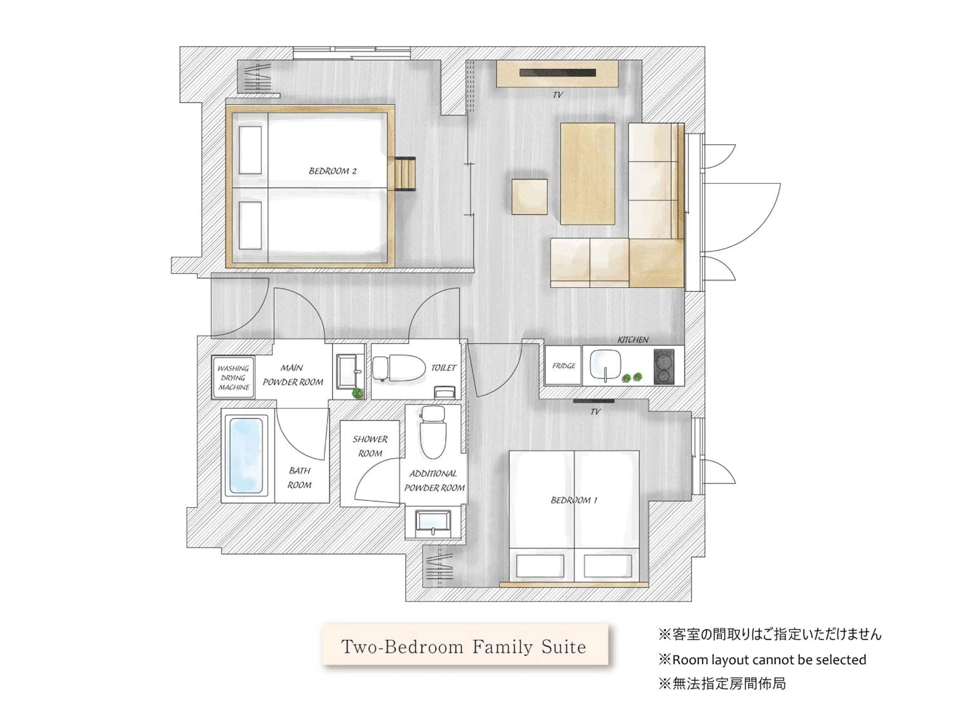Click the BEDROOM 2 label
(332, 171)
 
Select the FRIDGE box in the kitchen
(564, 365)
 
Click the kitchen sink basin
(605, 364)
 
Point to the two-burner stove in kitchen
(664, 366)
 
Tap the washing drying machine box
(233, 378)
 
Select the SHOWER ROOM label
(370, 446)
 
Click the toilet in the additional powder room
(433, 433)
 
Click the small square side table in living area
(530, 196)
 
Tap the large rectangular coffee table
(587, 173)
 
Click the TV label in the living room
(558, 95)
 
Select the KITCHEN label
(632, 340)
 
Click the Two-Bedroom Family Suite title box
(464, 646)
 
